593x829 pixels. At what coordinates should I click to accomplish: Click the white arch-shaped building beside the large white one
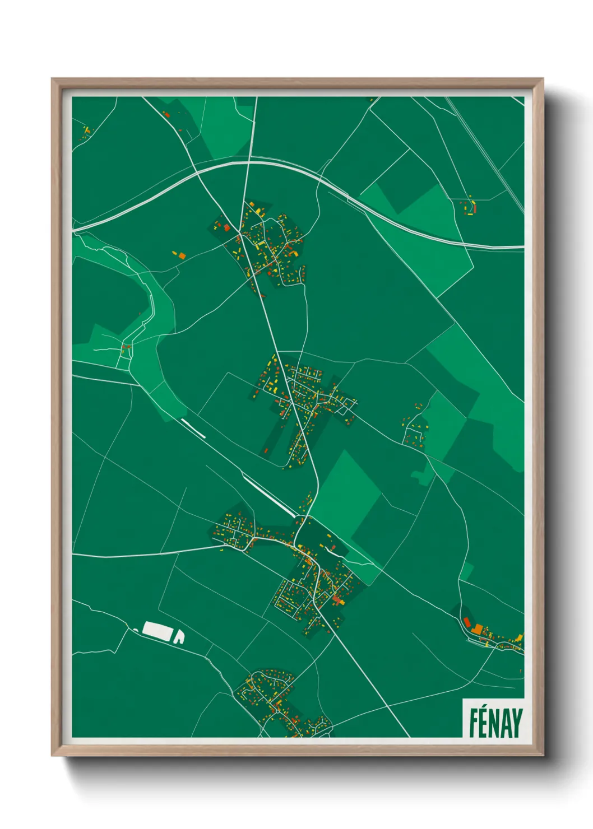coord(179,637)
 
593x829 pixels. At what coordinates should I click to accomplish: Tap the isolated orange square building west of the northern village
coord(182,255)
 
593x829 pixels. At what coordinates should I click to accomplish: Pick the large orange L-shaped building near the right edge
coord(477,629)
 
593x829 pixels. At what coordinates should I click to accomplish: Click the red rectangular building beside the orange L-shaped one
coord(466,622)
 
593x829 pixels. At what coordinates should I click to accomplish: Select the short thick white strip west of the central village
coord(193,428)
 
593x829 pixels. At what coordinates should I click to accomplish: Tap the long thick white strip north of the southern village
coord(268,494)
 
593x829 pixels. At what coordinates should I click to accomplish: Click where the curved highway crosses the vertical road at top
coord(249,162)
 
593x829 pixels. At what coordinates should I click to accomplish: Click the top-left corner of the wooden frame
coord(53,79)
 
